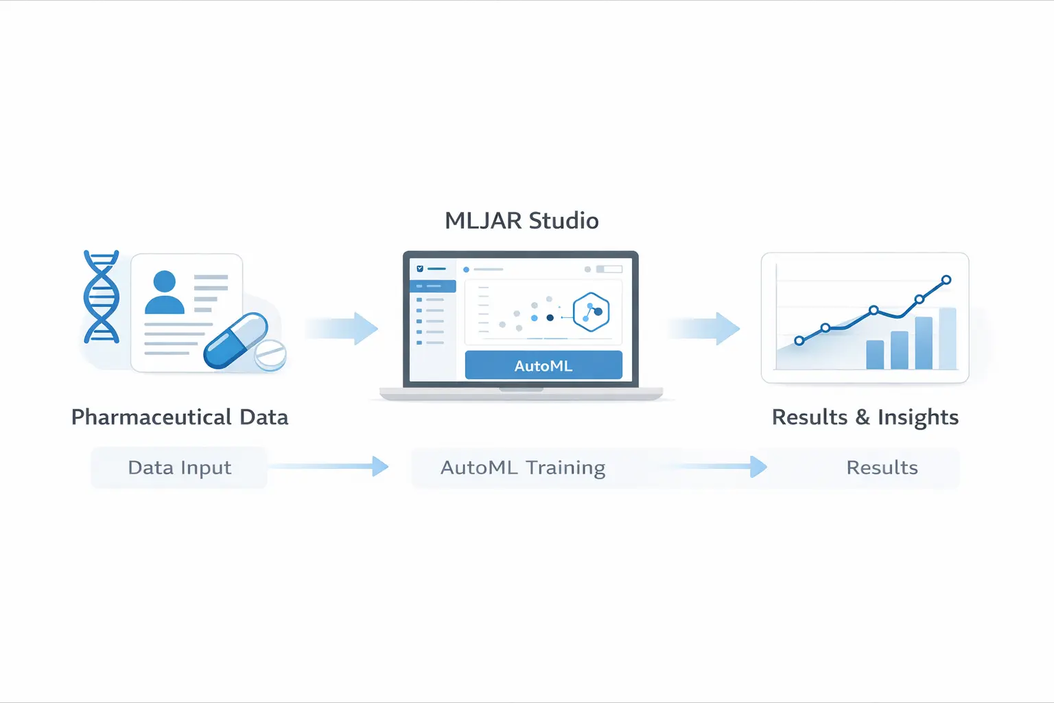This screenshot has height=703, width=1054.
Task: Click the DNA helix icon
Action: click(102, 297)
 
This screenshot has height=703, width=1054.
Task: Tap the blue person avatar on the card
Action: click(165, 292)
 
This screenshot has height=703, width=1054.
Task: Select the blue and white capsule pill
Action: click(235, 341)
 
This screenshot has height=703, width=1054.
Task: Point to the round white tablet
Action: click(270, 355)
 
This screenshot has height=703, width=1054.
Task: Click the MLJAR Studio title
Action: click(522, 220)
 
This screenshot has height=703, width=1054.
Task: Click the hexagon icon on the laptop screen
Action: click(591, 312)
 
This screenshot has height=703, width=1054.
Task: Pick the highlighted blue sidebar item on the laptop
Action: click(433, 286)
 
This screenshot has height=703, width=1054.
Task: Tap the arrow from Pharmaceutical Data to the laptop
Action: click(343, 328)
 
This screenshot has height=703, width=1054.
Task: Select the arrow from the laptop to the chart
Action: click(705, 328)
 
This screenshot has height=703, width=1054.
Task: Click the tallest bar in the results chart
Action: click(948, 338)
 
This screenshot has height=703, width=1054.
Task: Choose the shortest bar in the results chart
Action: click(875, 354)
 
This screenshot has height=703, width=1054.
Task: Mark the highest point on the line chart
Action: click(946, 279)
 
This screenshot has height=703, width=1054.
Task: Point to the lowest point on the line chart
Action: click(799, 341)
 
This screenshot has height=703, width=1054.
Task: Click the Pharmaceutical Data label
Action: click(180, 417)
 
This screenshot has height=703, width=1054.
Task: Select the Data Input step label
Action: click(180, 468)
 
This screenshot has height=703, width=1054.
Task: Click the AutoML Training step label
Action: click(523, 468)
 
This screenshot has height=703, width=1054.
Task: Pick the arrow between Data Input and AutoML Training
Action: click(329, 467)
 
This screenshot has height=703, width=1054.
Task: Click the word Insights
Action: click(918, 417)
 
